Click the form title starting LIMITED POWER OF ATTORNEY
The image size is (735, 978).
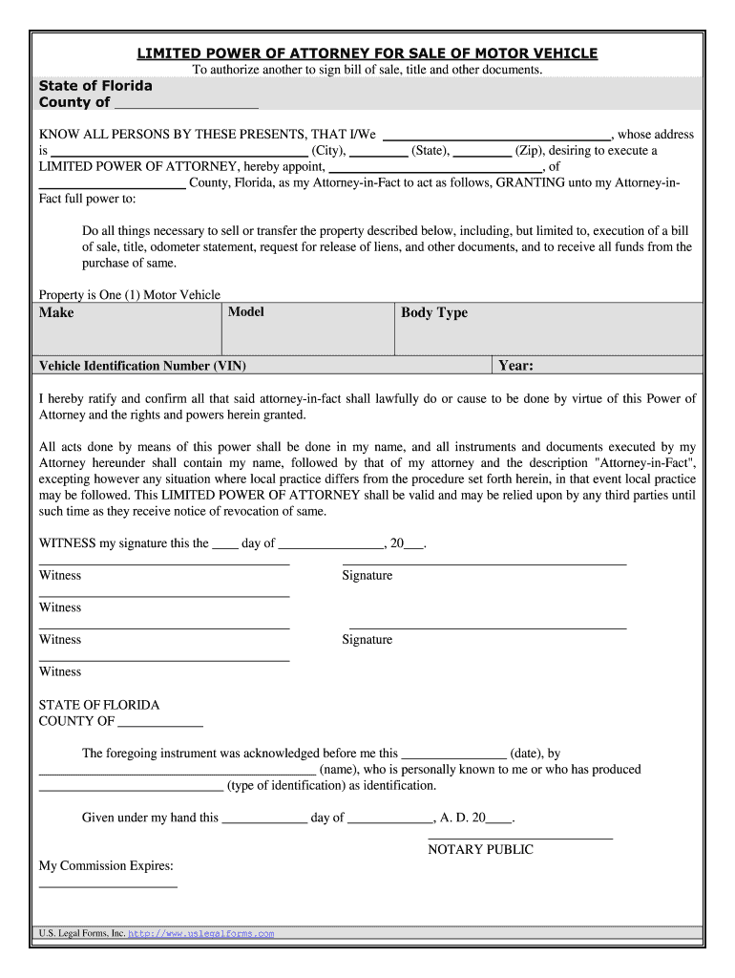(x=367, y=53)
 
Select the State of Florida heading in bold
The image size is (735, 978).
(x=95, y=86)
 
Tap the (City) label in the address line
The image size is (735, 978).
(x=328, y=151)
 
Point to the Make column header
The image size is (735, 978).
(x=56, y=312)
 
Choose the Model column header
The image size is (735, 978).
(x=246, y=312)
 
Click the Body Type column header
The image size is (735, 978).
(x=434, y=312)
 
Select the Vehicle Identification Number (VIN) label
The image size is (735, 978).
(x=142, y=366)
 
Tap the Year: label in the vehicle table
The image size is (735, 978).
(x=515, y=366)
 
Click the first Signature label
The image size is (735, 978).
(x=367, y=575)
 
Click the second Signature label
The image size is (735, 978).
(x=367, y=639)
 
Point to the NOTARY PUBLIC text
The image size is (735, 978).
(x=480, y=849)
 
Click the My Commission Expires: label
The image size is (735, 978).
(x=106, y=865)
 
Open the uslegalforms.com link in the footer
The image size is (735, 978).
(x=200, y=933)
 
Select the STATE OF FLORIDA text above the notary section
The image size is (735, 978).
(x=99, y=705)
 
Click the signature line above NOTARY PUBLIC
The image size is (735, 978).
(x=519, y=837)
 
